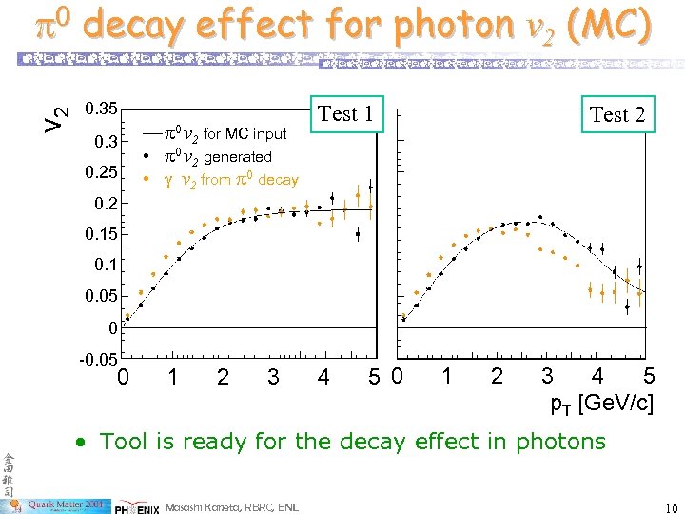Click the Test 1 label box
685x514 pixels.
pos(344,114)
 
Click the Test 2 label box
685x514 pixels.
pos(616,115)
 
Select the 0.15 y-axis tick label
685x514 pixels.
pos(101,234)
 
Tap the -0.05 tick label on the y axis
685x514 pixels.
pos(98,359)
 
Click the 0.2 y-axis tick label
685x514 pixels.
pos(105,203)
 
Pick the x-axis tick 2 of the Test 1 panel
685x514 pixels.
pos(223,378)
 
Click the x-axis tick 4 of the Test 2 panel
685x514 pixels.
pos(597,377)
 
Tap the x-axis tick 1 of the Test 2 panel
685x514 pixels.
pos(446,377)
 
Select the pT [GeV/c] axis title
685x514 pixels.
pos(602,403)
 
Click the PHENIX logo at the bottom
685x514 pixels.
pos(139,505)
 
